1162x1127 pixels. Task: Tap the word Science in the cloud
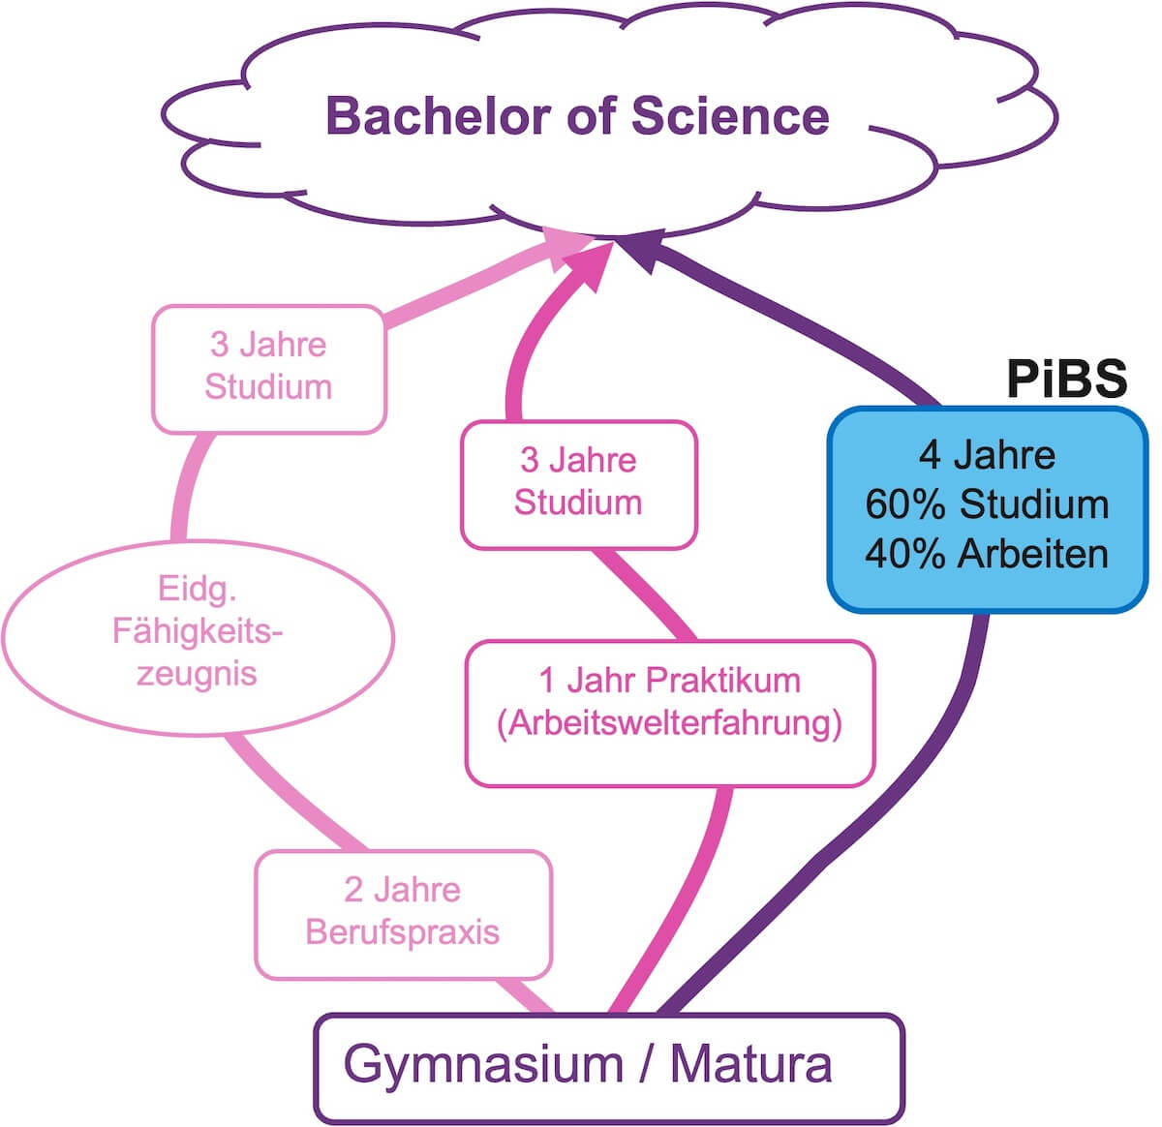click(x=730, y=116)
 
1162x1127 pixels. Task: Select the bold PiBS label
click(x=1066, y=379)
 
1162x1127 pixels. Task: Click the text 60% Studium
click(x=987, y=504)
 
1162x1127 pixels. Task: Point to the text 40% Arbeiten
click(x=987, y=554)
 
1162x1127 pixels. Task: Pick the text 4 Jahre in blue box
click(x=987, y=455)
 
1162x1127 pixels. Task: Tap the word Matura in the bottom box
click(x=750, y=1064)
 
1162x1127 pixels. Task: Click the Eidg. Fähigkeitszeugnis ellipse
click(x=198, y=631)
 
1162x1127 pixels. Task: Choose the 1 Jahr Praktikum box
click(x=669, y=713)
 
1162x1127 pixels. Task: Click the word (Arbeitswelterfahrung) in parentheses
click(x=669, y=724)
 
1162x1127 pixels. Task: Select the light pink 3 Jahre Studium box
click(x=268, y=368)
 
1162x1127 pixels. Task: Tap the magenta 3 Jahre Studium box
click(x=578, y=483)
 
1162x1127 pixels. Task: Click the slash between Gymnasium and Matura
click(x=646, y=1064)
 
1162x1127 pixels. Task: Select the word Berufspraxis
click(x=403, y=931)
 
